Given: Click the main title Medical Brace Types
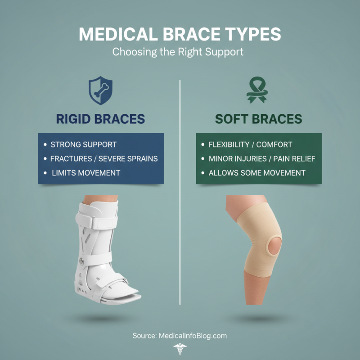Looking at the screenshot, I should coord(180,35).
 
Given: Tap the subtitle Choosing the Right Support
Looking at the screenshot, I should coord(178,52).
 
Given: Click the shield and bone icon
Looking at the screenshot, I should coord(100,90).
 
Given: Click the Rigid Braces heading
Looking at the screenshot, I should coord(100,119).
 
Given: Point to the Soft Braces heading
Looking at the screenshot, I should coord(258,119).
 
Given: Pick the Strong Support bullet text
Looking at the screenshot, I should coord(83,144).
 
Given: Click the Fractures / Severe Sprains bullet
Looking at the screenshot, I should coord(104,158).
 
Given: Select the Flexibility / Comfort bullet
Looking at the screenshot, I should coord(250,144).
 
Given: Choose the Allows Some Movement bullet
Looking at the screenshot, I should coord(257,172).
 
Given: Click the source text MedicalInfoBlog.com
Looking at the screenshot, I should coord(180,336).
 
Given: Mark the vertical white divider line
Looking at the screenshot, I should coord(180,193).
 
